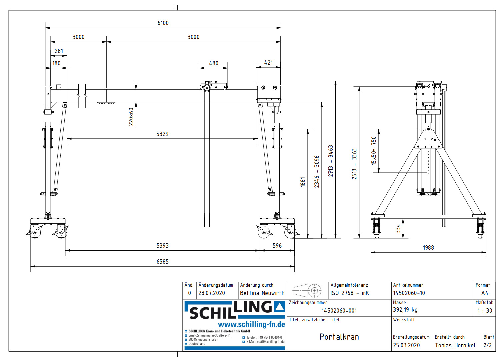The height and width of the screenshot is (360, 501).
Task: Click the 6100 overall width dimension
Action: [x=163, y=23]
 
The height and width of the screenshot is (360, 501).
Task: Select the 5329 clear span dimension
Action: [x=162, y=134]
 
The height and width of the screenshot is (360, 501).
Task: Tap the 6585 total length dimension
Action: [x=163, y=262]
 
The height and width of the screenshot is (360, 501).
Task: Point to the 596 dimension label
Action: [x=277, y=246]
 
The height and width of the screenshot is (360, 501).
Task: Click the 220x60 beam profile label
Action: [x=131, y=117]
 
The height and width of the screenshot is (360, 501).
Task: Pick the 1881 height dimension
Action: [x=303, y=182]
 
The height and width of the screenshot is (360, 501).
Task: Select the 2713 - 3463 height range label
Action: [x=330, y=161]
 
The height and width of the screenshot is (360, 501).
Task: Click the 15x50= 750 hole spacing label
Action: [x=374, y=151]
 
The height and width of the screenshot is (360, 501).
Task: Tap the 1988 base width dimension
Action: [x=428, y=248]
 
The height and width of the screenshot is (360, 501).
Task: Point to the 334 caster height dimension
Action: [x=398, y=228]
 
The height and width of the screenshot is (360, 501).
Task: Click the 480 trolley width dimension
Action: [x=214, y=63]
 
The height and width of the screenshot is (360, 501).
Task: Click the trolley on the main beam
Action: [x=214, y=86]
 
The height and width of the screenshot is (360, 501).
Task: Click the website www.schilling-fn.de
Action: [x=251, y=325]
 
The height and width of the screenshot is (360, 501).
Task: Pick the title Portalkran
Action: [x=339, y=337]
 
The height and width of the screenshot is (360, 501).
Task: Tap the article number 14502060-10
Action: [x=409, y=293]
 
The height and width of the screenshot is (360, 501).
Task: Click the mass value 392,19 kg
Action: [x=405, y=310]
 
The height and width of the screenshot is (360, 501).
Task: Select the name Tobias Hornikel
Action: [x=455, y=345]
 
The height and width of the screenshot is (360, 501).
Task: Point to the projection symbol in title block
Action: [x=307, y=291]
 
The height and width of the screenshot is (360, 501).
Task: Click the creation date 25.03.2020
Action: [x=406, y=345]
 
